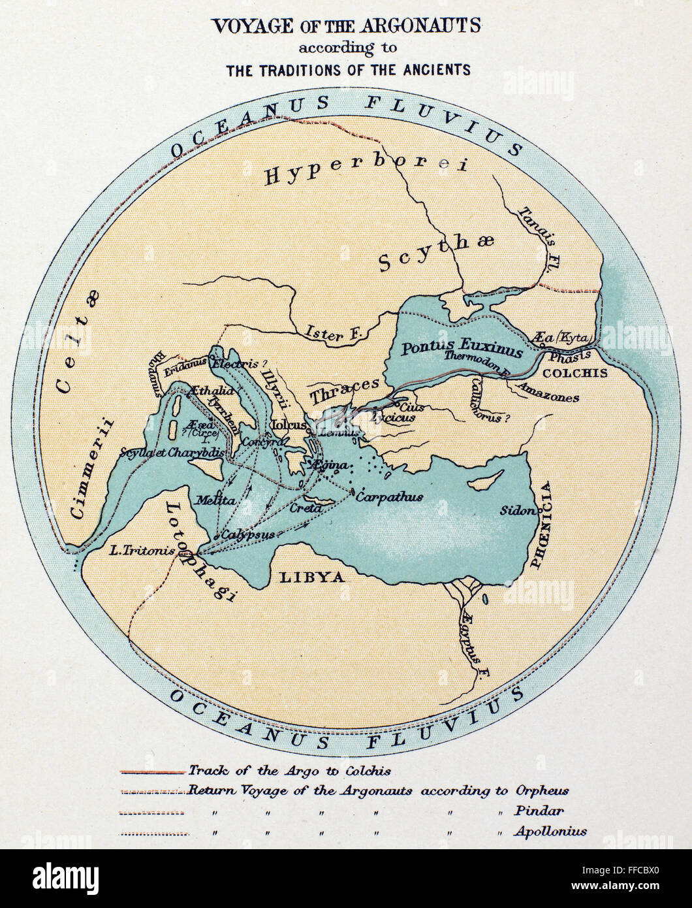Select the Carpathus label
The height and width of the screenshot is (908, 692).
coord(390,497)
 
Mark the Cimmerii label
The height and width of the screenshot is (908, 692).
coord(90,468)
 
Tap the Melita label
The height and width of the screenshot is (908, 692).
coord(215,501)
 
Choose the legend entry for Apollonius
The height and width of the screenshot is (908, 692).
coord(550,832)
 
